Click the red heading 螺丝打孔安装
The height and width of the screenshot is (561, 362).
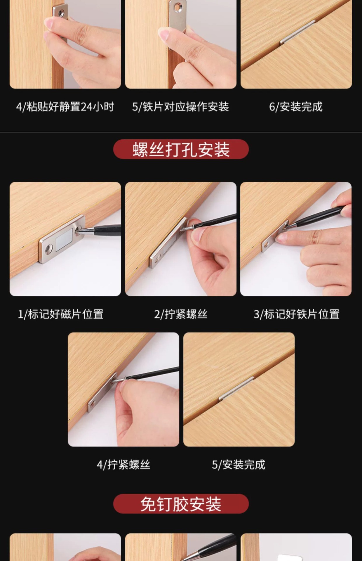181,149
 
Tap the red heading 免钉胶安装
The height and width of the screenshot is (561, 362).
181,504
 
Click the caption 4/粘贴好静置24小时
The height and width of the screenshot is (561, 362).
65,107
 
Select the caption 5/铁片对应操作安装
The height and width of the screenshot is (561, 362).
180,107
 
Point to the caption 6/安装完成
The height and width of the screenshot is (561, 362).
296,107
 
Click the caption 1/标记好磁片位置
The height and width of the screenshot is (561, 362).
61,314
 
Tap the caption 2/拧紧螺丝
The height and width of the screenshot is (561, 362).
181,314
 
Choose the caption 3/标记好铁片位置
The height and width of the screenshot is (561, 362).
296,314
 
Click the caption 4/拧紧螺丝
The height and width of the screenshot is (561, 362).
123,465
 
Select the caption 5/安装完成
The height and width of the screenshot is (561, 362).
239,465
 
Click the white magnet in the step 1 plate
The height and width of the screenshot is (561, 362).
64,240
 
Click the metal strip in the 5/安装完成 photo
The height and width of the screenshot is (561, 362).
236,388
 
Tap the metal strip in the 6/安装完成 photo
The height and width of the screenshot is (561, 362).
297,32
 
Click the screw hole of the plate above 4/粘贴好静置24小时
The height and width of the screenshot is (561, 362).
61,13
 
